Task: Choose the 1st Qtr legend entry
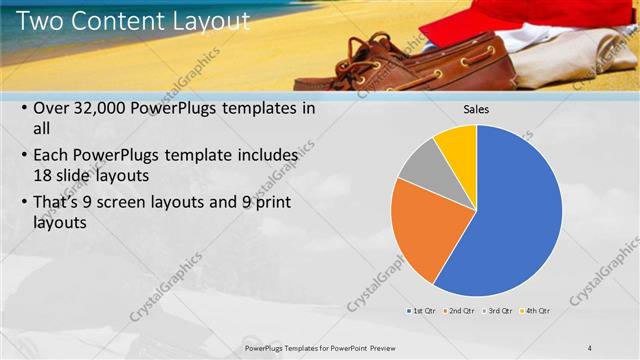click(x=421, y=311)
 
